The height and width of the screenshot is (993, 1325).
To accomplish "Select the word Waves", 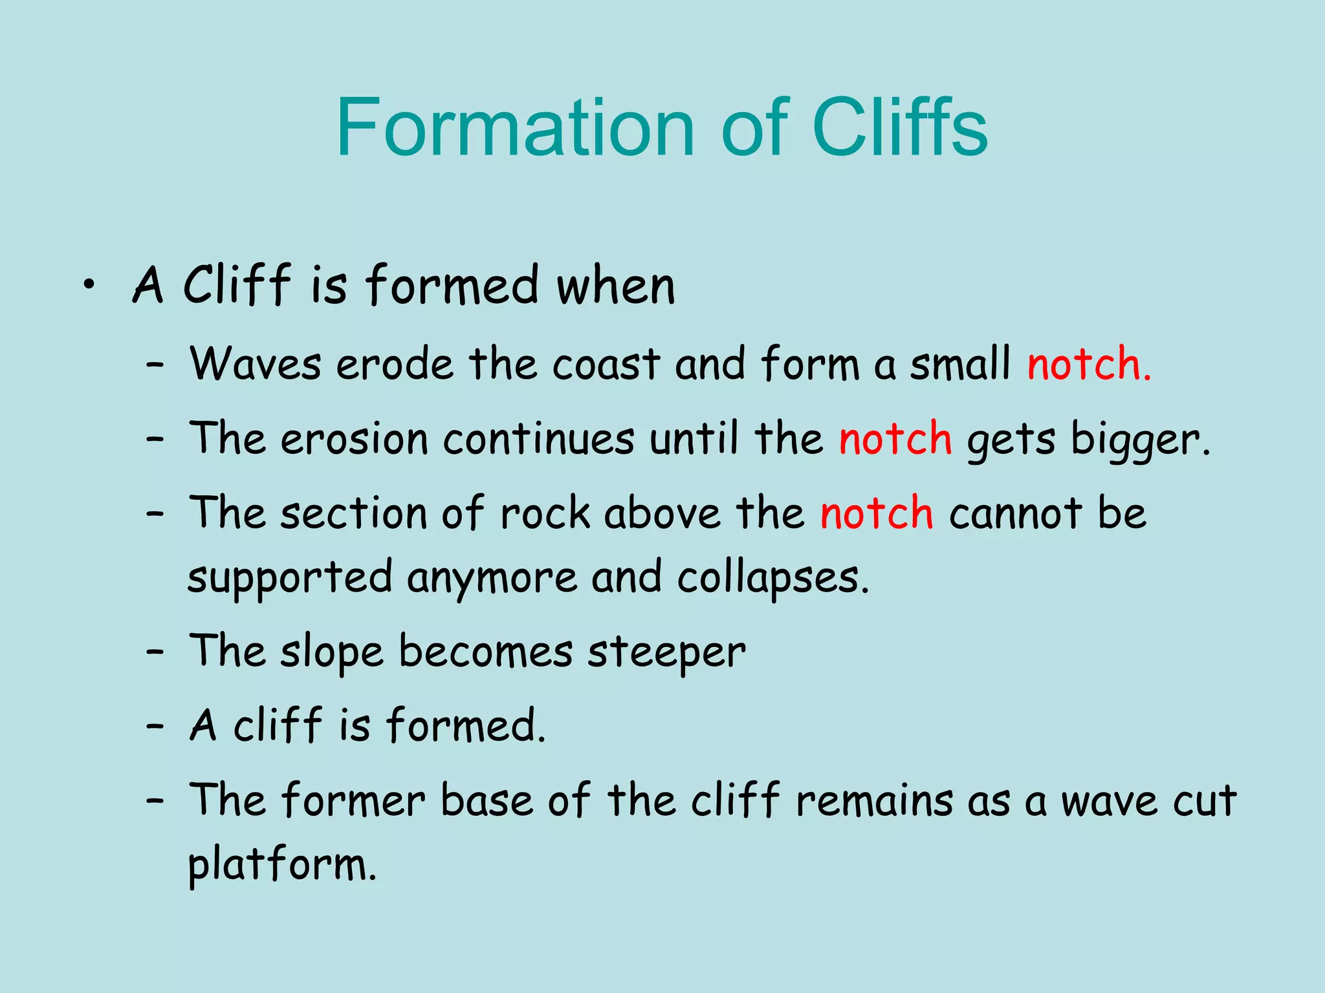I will pos(255,363).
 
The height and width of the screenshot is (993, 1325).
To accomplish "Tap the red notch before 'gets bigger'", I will pos(895,438).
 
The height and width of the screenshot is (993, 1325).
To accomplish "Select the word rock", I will pos(545,513).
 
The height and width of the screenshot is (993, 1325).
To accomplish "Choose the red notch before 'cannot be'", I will pos(877,513).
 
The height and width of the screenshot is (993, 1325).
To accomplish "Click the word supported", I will pos(290,577).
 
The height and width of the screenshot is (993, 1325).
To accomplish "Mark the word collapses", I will pos(772,577).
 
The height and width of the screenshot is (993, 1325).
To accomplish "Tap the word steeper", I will pos(666,652).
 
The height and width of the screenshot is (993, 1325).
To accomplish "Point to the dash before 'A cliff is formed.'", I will pos(155,726).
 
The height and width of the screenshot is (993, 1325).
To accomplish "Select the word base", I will pos(487,800).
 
